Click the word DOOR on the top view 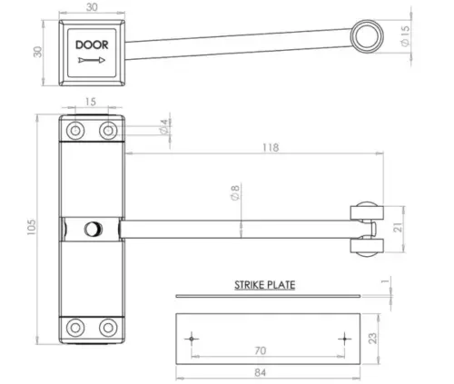click(91, 44)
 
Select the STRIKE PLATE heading click(264, 284)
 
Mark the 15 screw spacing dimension click(91, 102)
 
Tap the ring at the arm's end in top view click(368, 35)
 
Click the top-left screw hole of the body click(75, 131)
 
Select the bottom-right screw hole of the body click(108, 329)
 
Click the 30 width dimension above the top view click(91, 7)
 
